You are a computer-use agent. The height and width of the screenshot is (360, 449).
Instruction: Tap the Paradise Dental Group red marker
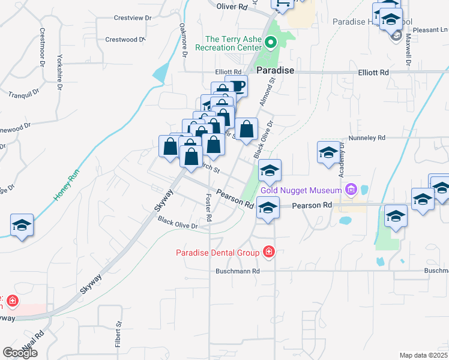(268, 253)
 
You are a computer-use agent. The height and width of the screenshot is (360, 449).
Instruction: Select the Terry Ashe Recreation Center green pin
(270, 43)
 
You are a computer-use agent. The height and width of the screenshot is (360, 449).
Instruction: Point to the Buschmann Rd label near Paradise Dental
(238, 271)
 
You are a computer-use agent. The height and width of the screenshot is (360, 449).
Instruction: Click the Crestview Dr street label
(133, 18)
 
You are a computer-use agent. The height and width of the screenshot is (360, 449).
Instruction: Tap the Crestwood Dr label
(125, 40)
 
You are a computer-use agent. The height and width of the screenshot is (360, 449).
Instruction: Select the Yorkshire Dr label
(59, 72)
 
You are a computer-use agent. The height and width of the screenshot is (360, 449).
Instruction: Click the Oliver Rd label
(232, 7)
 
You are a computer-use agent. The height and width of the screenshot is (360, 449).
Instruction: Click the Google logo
(20, 353)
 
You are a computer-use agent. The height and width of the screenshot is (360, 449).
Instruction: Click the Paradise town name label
(276, 70)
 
